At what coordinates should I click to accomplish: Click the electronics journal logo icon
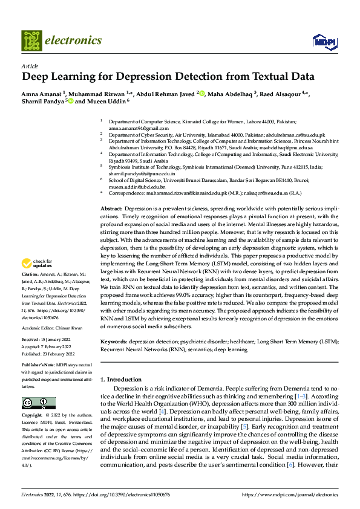tap(31, 41)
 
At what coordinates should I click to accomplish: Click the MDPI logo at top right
tap(324, 41)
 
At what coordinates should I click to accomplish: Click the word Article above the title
tap(30, 66)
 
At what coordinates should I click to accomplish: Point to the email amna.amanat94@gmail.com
tap(134, 129)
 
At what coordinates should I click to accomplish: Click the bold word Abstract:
tap(111, 208)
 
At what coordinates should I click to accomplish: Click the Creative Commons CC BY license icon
tap(38, 403)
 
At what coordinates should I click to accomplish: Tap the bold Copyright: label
tap(33, 416)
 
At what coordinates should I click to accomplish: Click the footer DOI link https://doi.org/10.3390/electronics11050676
tap(129, 494)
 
